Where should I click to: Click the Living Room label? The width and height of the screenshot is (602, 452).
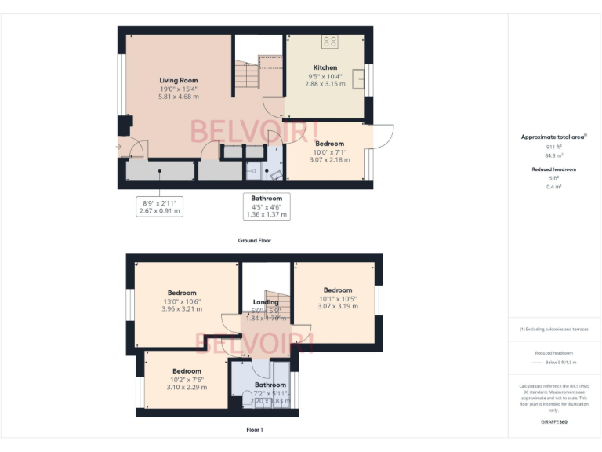click(178, 80)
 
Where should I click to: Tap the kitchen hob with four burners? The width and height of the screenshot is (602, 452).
click(330, 42)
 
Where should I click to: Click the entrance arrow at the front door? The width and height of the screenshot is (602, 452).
click(118, 146)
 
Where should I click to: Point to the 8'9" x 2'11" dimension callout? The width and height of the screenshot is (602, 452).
click(159, 206)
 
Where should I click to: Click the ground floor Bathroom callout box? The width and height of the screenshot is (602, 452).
click(267, 206)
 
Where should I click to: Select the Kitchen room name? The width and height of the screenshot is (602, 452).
click(325, 67)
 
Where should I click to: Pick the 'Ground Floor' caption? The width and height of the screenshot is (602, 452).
click(254, 240)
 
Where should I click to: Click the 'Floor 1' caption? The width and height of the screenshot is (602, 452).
click(254, 430)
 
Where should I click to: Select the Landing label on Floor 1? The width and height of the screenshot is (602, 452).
click(266, 302)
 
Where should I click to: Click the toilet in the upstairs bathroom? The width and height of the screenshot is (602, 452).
click(245, 399)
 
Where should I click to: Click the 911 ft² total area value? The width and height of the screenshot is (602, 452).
click(554, 147)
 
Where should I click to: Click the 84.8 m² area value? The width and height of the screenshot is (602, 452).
click(554, 155)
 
